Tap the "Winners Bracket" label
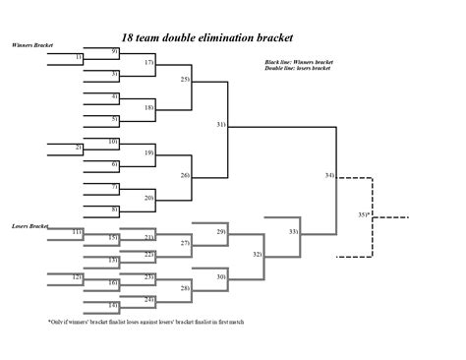tap(33, 45)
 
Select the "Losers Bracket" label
tap(30, 225)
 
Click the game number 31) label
tap(221, 125)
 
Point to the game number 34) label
tap(329, 175)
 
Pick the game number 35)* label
tap(363, 213)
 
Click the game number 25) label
tap(185, 78)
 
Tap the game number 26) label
tap(185, 175)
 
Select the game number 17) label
tap(149, 62)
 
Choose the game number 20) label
tap(149, 198)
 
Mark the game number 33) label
tap(293, 230)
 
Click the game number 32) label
tap(258, 254)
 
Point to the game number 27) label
tap(185, 242)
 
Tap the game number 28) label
tap(185, 287)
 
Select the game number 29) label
tap(221, 230)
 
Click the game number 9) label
tap(115, 50)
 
